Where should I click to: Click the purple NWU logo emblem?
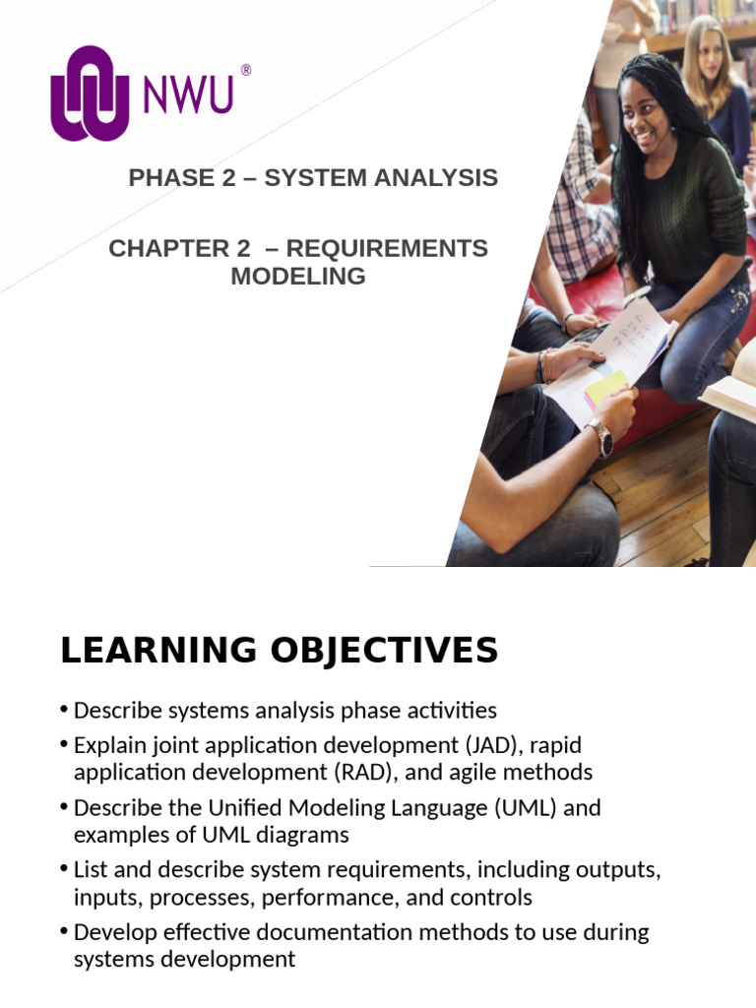[x=90, y=93]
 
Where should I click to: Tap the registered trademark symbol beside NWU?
[x=245, y=70]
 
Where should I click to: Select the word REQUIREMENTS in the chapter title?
[x=387, y=249]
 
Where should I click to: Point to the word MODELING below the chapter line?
[x=298, y=277]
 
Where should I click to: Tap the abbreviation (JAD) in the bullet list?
[x=476, y=745]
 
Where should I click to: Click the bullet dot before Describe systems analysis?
[x=65, y=710]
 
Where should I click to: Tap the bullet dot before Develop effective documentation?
[x=65, y=932]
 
